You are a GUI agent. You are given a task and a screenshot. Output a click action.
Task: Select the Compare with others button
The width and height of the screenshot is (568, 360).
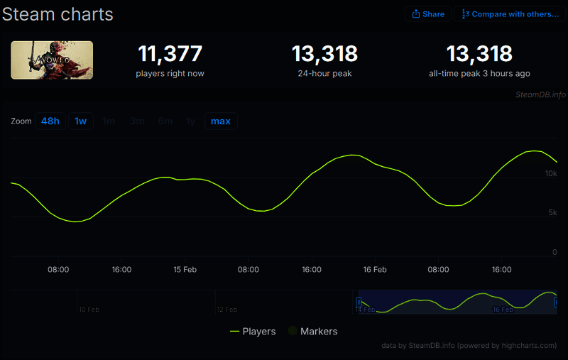click(x=509, y=14)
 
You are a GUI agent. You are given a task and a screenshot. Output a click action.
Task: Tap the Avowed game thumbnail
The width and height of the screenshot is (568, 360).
click(x=52, y=60)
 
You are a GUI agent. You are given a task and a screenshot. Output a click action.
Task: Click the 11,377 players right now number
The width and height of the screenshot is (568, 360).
click(x=170, y=54)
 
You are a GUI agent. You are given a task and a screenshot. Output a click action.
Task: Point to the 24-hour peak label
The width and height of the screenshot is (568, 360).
click(x=324, y=73)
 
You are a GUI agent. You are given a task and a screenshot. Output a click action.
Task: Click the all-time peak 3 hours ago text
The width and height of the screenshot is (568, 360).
click(x=479, y=73)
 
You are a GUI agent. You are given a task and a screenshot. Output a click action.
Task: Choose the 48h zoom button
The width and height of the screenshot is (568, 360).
click(x=50, y=121)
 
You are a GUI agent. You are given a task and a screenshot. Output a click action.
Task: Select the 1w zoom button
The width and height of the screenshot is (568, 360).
click(x=81, y=121)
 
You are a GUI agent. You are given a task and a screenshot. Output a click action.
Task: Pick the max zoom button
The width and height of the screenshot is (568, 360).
click(x=221, y=121)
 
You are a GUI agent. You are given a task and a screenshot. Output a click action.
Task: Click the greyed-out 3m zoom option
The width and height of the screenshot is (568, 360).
click(x=137, y=121)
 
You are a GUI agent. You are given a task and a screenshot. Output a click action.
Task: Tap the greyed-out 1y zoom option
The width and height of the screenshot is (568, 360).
click(x=190, y=121)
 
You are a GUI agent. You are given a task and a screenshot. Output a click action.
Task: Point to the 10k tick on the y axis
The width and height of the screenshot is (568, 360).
click(x=551, y=174)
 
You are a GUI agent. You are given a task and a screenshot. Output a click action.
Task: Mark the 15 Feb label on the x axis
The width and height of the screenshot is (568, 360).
click(x=185, y=270)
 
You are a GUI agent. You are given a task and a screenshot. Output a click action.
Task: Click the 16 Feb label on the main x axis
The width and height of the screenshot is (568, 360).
click(x=374, y=270)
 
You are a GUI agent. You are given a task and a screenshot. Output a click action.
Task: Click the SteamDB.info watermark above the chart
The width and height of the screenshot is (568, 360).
click(x=541, y=94)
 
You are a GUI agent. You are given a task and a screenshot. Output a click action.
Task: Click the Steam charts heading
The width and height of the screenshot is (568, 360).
click(x=58, y=13)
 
